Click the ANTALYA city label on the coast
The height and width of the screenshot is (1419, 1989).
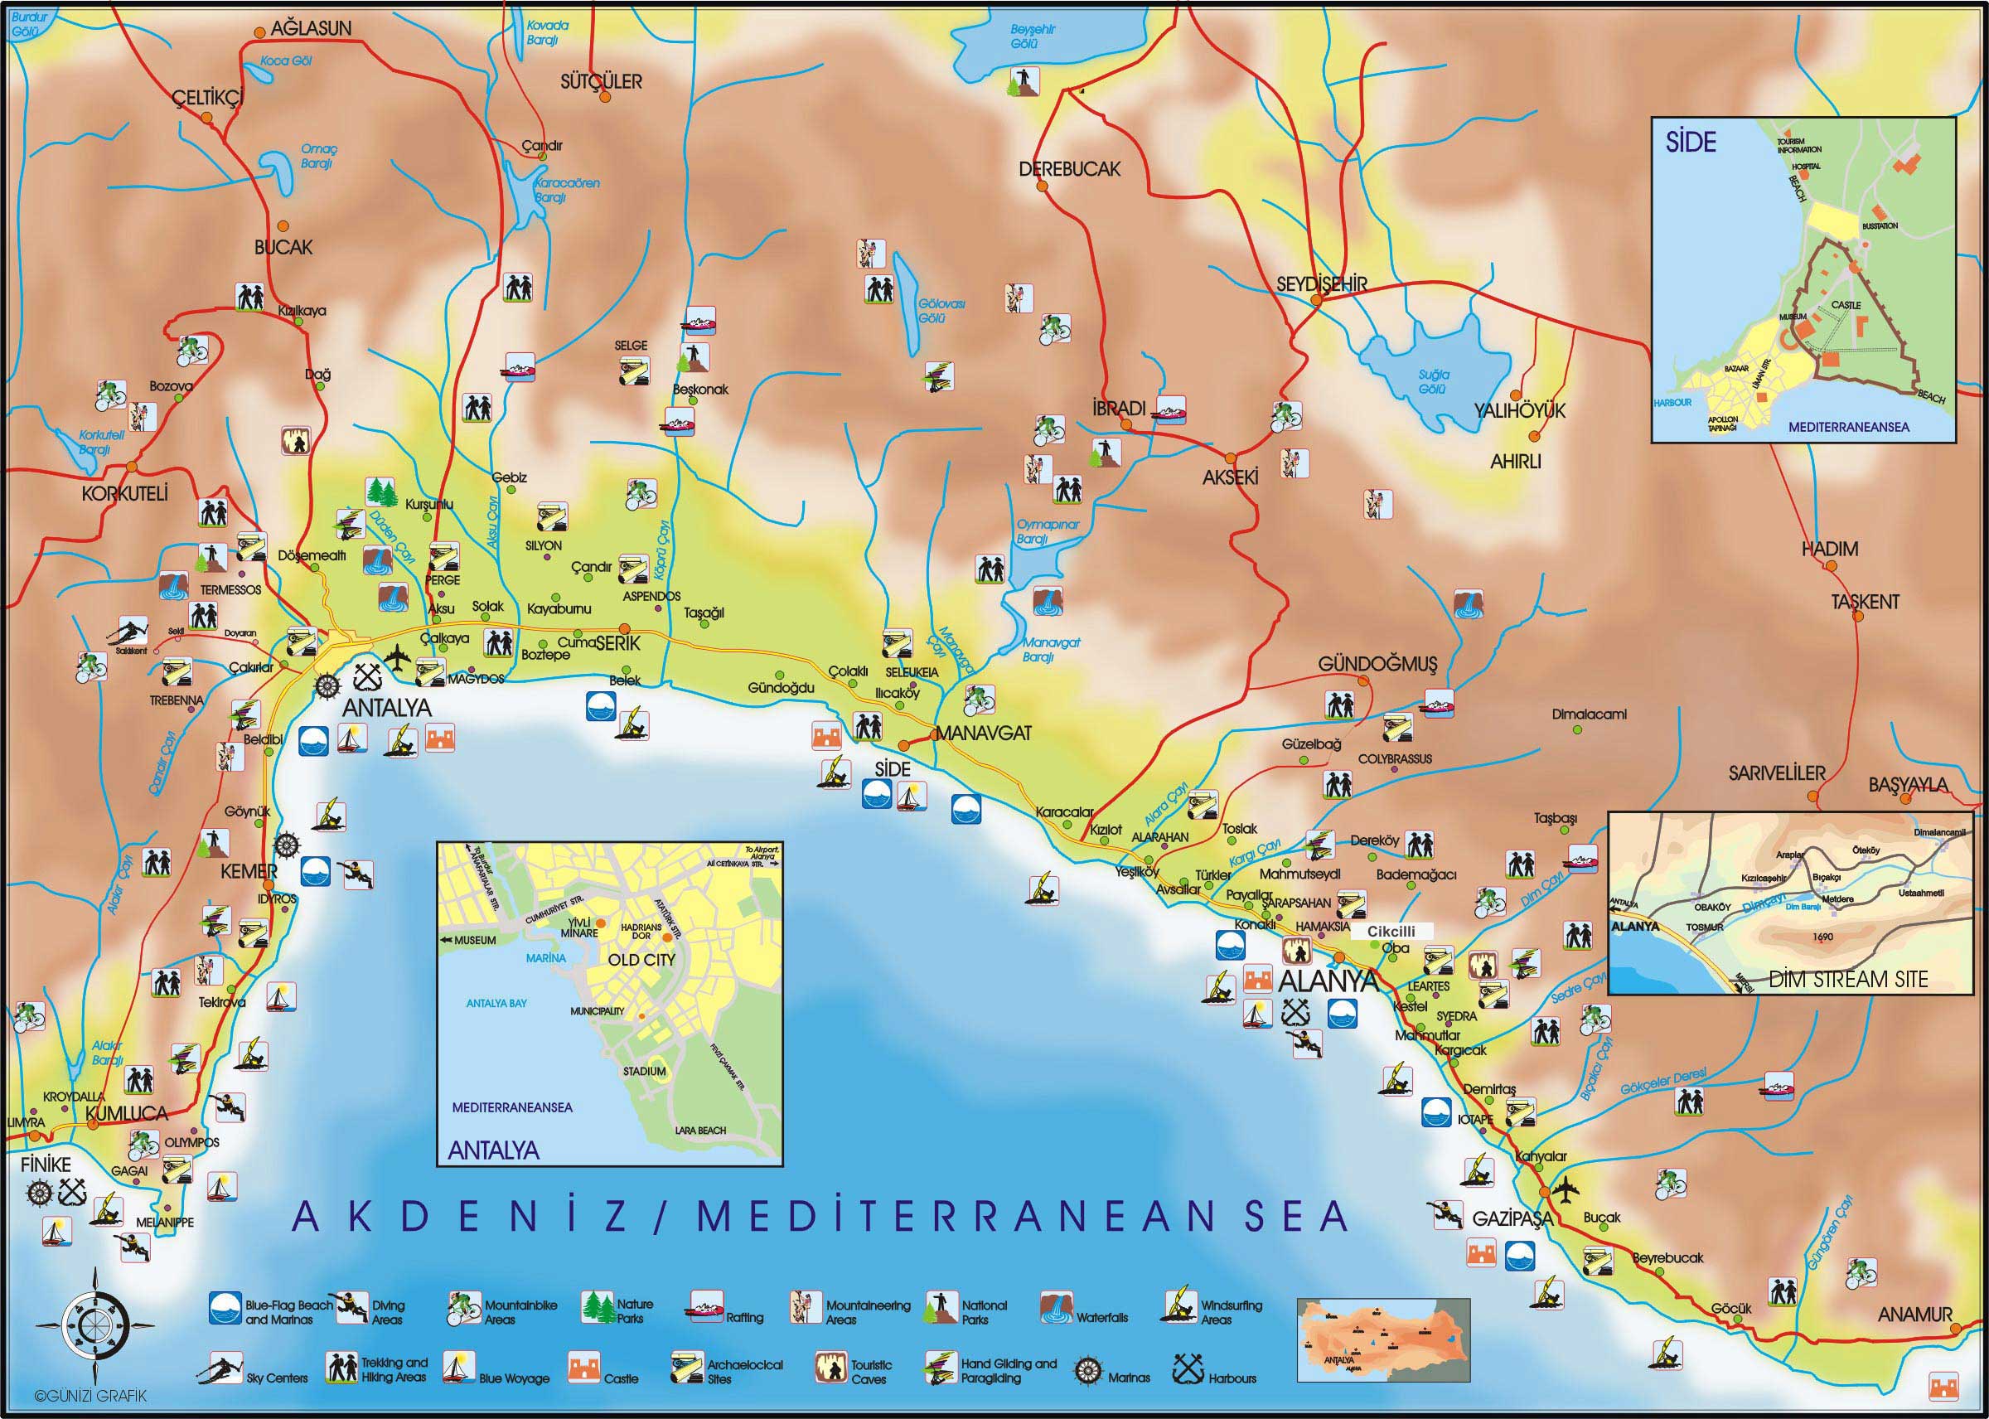386,708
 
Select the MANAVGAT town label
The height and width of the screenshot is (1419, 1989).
983,733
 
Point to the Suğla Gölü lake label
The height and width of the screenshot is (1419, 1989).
1434,382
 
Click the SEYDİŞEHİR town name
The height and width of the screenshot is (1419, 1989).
1321,284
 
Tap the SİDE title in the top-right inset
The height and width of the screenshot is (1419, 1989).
1691,143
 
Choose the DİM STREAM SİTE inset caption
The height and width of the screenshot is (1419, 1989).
1847,980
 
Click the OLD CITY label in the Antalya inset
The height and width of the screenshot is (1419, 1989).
642,959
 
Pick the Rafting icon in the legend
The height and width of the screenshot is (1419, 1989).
704,1305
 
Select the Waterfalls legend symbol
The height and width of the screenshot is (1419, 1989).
1055,1307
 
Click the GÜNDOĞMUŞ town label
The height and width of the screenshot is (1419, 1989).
1377,665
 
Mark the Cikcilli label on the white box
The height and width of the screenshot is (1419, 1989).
1391,932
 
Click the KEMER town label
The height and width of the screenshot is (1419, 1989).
249,871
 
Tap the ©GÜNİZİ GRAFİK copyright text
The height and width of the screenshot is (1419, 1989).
78,1397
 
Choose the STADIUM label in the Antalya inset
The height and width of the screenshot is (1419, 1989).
644,1071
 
